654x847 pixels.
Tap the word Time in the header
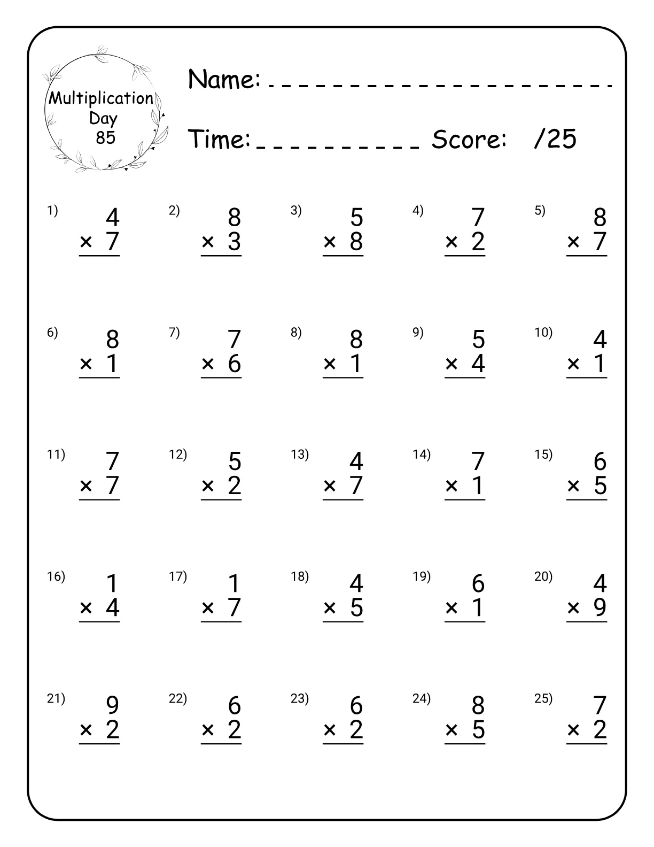pos(220,139)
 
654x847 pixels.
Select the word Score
pos(469,140)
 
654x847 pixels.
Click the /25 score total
pos(555,139)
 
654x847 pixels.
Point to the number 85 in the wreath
pos(105,137)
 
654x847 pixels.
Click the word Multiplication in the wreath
pos(101,98)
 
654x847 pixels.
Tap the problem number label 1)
pos(52,211)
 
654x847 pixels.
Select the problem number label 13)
pos(300,455)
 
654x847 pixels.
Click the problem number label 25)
pos(543,698)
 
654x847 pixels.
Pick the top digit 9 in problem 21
pos(112,705)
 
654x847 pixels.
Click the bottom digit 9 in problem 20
pos(600,607)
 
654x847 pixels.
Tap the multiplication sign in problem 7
pos(208,364)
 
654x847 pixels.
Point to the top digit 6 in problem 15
pos(600,461)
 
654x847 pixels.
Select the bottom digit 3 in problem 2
pos(234,242)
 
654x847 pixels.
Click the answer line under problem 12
pos(221,500)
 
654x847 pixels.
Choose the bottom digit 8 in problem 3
pos(356,242)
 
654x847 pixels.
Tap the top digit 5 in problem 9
pos(478,340)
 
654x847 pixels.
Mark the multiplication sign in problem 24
pos(451,730)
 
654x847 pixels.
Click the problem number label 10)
pos(543,333)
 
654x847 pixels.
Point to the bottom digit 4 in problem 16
pos(112,607)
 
